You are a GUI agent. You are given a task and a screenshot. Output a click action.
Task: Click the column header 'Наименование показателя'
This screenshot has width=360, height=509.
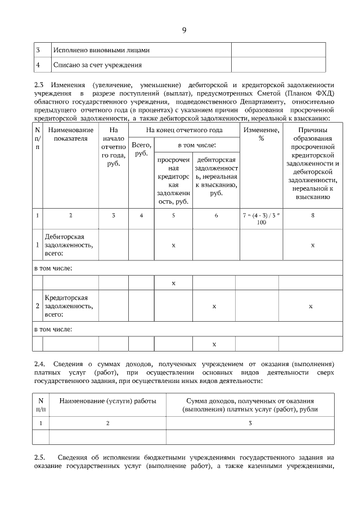70,134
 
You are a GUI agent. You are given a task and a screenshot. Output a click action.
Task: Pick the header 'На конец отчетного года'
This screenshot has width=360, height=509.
184,130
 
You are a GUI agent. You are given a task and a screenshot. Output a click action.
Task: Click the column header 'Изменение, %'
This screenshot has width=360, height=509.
261,134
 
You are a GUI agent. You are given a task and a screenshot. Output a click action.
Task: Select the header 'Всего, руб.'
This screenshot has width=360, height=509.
141,149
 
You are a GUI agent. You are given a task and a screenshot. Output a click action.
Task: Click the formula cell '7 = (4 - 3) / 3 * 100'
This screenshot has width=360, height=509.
261,219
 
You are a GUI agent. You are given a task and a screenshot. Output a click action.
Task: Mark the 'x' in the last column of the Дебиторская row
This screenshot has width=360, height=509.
313,245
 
